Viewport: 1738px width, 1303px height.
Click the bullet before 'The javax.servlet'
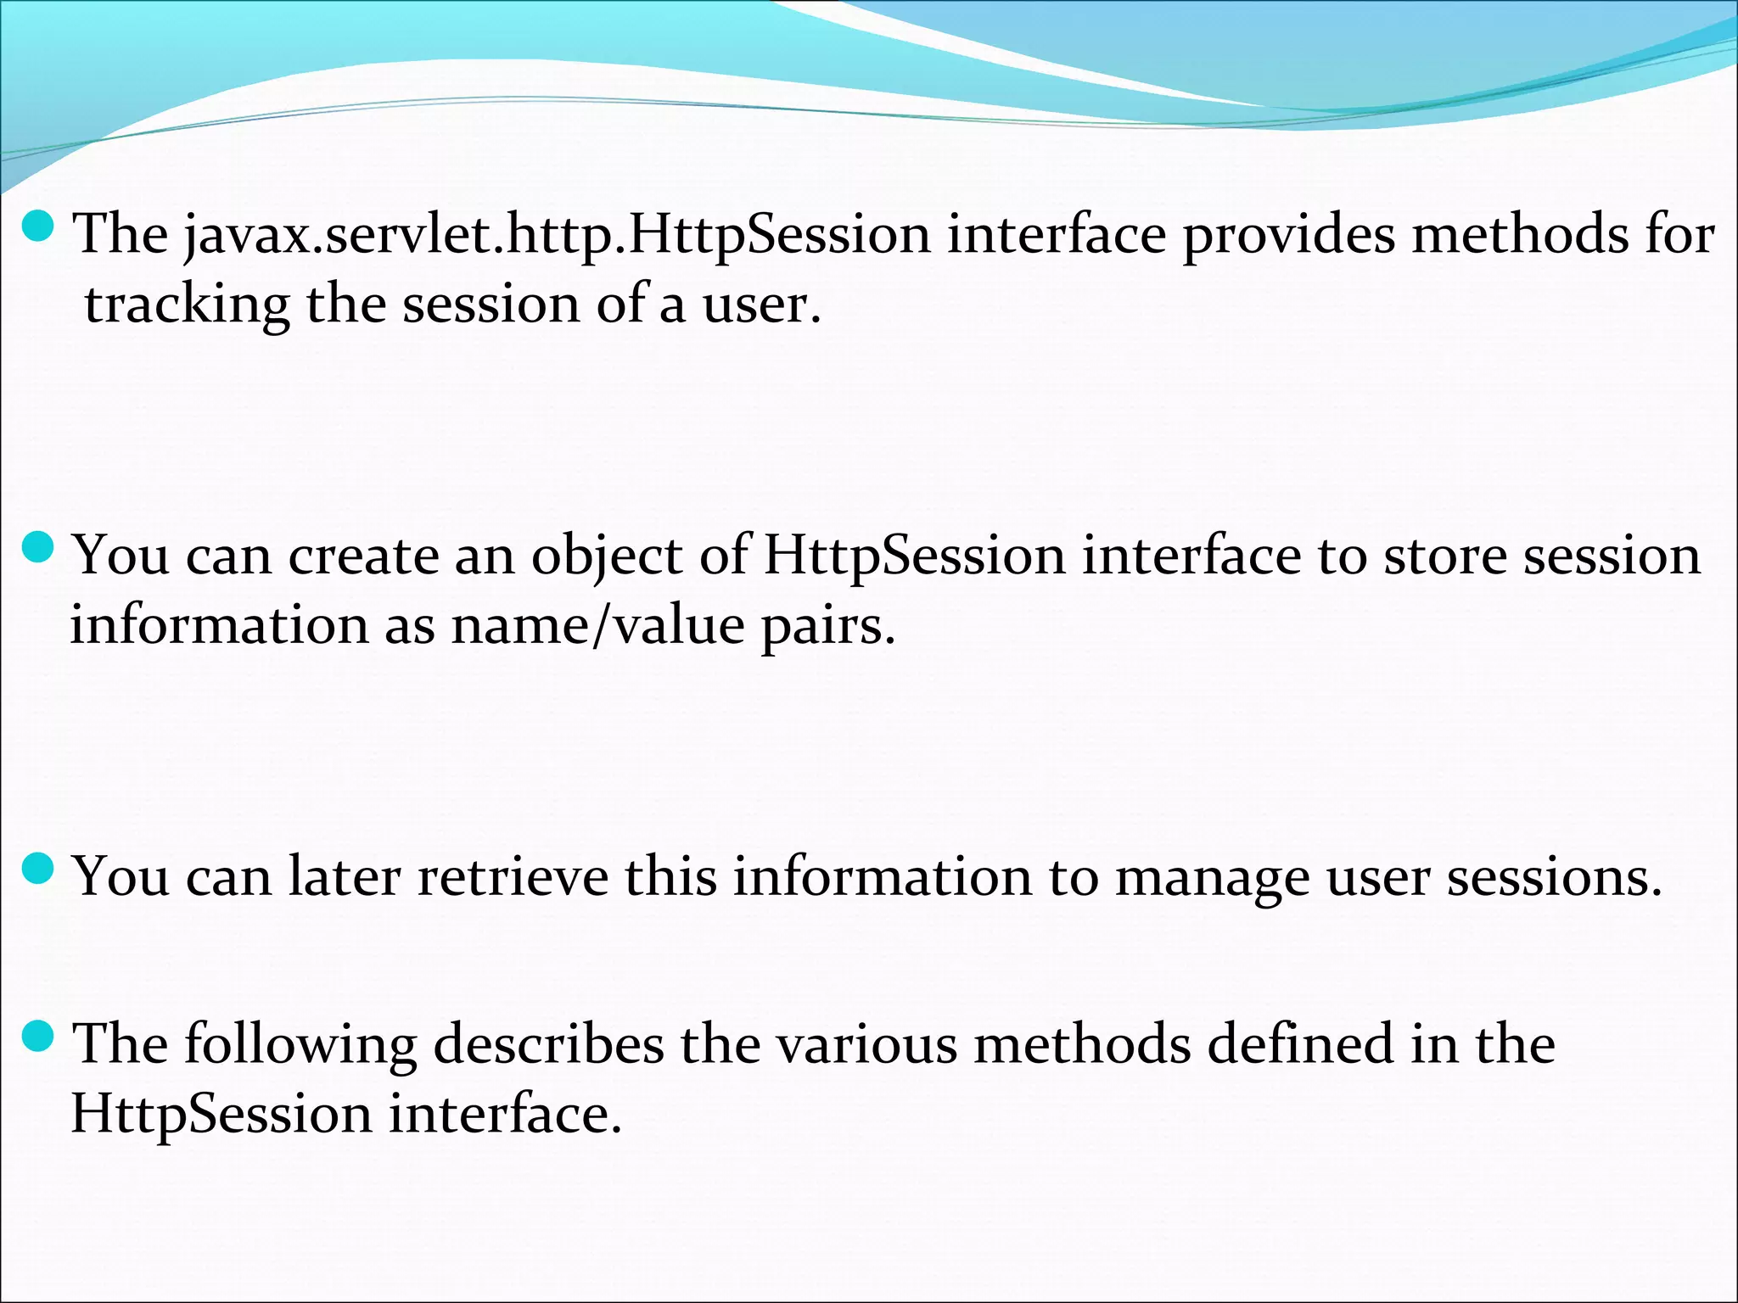[38, 226]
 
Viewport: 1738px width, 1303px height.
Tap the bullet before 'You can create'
[38, 548]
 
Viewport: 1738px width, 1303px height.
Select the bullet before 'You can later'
[38, 869]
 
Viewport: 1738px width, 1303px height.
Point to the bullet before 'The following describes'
[38, 1036]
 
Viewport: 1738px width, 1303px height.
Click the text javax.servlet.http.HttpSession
[557, 235]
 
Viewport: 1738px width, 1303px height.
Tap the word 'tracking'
[187, 305]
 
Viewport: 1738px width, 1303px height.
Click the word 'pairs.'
[827, 628]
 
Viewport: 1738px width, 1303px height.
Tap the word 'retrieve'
[513, 877]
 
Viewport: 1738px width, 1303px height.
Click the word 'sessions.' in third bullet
[1554, 877]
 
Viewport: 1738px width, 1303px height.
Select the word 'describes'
[548, 1044]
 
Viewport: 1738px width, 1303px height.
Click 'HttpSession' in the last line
[221, 1115]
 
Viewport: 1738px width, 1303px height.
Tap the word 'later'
[344, 877]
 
